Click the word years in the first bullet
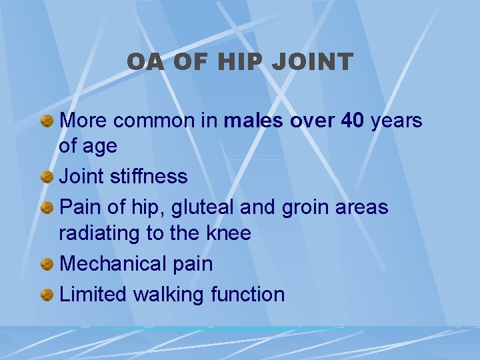397,121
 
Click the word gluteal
199,207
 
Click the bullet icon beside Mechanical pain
47,265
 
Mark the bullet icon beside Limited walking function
47,295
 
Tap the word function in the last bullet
247,294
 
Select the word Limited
93,294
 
